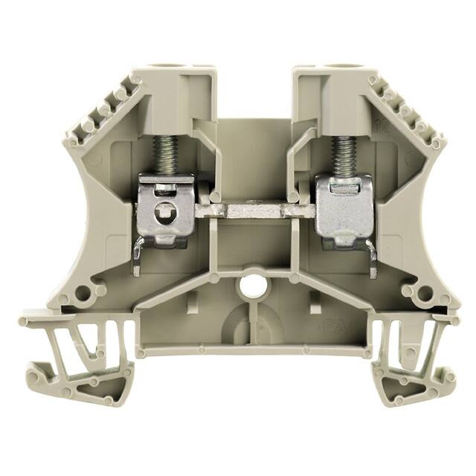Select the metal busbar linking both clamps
point(254,211)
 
